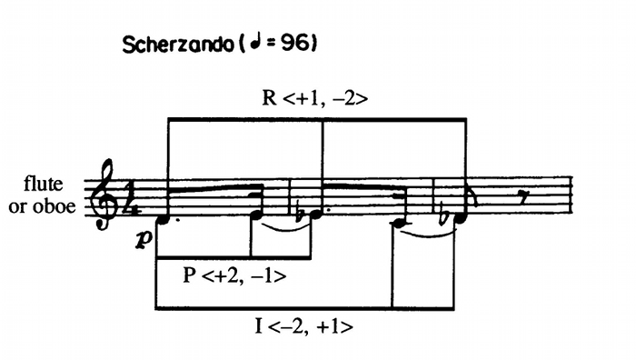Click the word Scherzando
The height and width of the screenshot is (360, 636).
coord(178,45)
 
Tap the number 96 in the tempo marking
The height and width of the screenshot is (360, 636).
coord(294,43)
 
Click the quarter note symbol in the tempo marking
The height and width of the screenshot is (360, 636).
coord(255,43)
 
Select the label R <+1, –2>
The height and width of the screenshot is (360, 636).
coord(315,98)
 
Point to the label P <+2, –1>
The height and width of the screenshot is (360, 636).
coord(234,276)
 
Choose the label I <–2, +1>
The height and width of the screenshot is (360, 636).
coord(303,326)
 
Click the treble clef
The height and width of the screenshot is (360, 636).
coord(104,194)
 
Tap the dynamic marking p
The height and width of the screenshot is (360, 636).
coord(144,240)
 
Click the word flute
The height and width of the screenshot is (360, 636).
coord(44,184)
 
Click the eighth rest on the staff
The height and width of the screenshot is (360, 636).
coord(524,198)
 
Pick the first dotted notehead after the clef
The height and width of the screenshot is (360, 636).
coord(163,219)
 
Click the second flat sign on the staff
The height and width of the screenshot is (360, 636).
coord(445,216)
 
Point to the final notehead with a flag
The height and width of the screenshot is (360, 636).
coord(462,218)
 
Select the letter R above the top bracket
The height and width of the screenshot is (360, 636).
coord(269,98)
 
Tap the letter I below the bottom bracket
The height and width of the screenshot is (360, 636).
coord(258,325)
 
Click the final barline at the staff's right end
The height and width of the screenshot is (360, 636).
coord(571,195)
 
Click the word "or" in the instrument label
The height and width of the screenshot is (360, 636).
coord(17,207)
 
